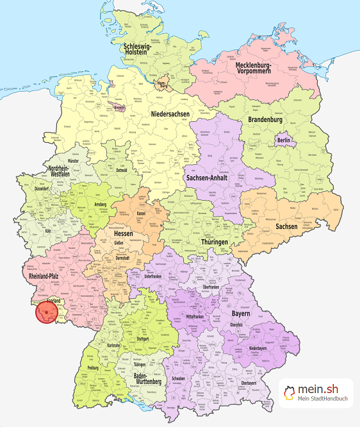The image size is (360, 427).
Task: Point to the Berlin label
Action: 284,140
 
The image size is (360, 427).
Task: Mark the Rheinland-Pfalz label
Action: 47,276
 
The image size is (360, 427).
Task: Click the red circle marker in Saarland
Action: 47,312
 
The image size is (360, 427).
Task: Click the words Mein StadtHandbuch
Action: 323,400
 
